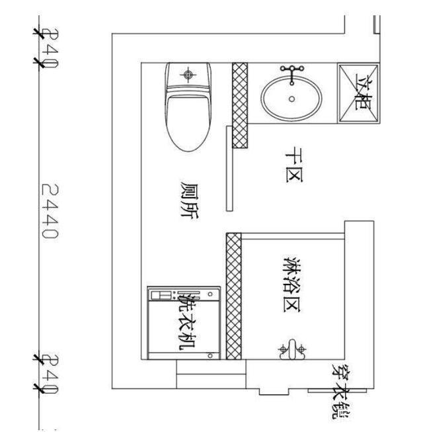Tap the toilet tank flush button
pos(189,75)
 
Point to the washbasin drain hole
pos(291,99)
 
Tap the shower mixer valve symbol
pos(292,349)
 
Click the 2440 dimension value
pos(50,211)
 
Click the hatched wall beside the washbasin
pos(240,104)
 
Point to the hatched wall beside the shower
pos(233,296)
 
